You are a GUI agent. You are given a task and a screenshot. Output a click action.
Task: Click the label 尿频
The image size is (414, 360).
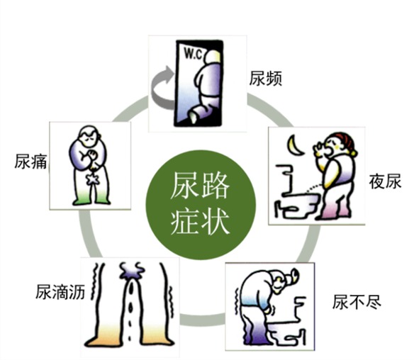point(266,79)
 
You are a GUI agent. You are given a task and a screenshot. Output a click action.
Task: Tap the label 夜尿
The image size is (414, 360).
point(385,181)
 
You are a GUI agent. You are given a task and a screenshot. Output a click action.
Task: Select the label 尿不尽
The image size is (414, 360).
point(357,302)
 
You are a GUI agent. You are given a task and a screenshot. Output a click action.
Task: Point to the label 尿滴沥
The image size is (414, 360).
point(60,292)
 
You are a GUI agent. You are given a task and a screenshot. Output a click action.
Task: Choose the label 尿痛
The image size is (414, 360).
point(31,162)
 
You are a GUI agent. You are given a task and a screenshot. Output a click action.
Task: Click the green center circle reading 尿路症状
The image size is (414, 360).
point(201,205)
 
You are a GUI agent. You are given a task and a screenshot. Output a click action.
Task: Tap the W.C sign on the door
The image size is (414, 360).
point(194,54)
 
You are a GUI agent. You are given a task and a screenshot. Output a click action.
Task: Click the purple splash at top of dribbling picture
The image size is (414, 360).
point(132,270)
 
